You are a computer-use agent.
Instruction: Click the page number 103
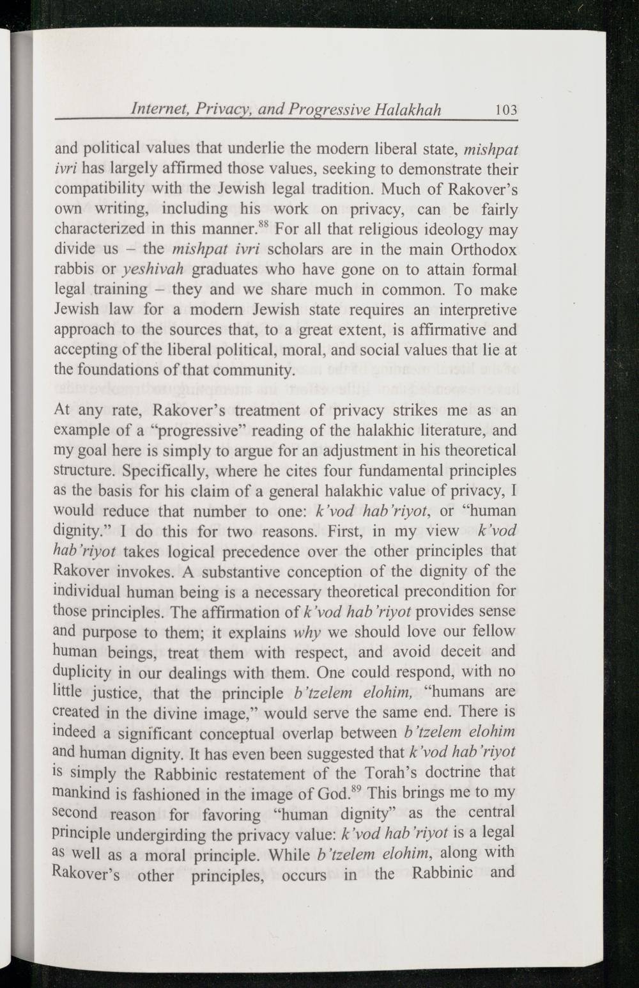pyautogui.click(x=505, y=109)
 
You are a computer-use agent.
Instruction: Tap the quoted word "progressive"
pyautogui.click(x=198, y=430)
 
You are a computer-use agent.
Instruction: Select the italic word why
pyautogui.click(x=305, y=632)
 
